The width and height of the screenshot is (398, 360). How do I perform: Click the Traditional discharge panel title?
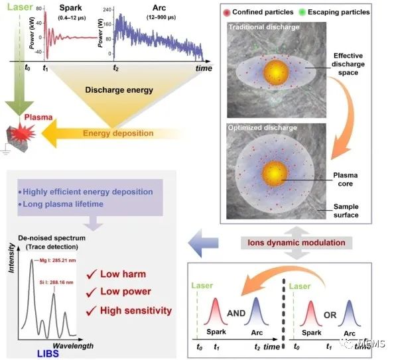pos(263,28)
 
